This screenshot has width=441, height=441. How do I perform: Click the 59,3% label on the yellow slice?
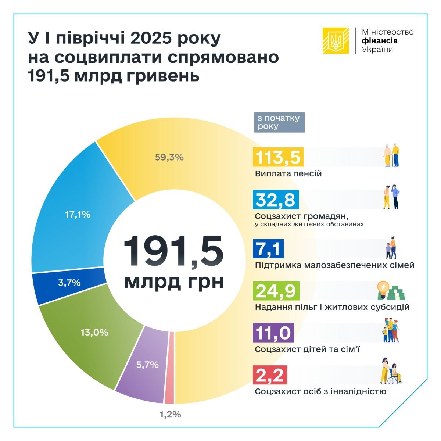tap(169, 157)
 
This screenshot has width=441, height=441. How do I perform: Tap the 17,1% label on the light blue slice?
tap(78, 214)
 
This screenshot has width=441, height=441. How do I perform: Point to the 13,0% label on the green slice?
tap(94, 332)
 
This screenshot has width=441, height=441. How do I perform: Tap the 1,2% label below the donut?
tap(170, 414)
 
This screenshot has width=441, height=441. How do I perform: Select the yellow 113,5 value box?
tap(278, 157)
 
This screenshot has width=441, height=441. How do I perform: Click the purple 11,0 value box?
tap(274, 333)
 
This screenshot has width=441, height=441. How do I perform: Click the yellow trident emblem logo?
tap(336, 40)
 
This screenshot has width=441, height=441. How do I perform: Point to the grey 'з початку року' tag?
tap(279, 122)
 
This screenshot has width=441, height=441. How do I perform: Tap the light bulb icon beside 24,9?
tap(383, 287)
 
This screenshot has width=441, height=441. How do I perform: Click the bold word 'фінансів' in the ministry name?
tap(380, 41)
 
